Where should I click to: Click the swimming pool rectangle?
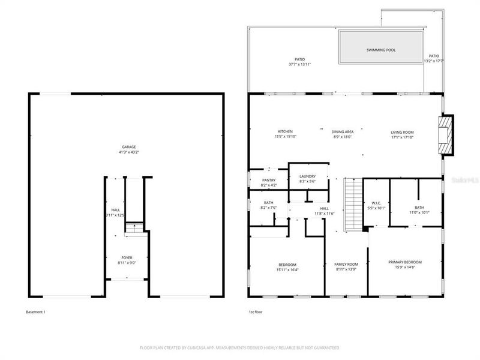pos(380,47)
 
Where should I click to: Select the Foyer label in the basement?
pos(126,257)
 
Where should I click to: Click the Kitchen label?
pos(285,132)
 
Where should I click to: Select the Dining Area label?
pos(342,132)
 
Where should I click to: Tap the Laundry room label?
pos(307,176)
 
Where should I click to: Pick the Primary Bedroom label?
pos(404,262)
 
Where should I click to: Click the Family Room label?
pos(346,265)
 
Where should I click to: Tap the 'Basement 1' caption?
pos(36,312)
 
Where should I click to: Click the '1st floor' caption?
pos(256,312)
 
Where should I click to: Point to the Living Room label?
pos(402,132)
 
